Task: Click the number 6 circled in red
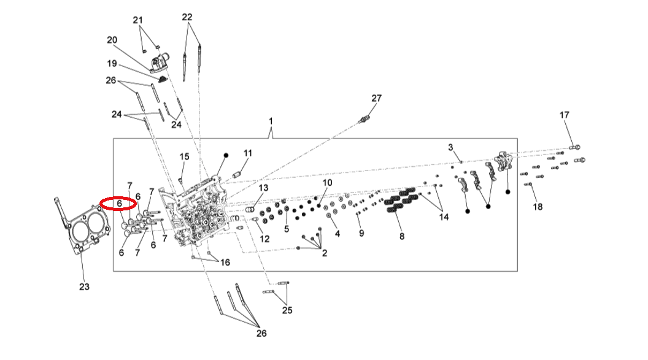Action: click(120, 202)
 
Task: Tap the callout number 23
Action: click(84, 286)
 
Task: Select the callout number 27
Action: click(376, 98)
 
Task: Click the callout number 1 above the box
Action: click(271, 122)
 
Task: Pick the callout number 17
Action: click(564, 115)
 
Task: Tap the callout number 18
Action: click(538, 207)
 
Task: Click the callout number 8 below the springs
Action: click(402, 236)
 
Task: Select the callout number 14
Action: click(444, 217)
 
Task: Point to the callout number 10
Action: click(327, 183)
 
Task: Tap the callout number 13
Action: click(263, 188)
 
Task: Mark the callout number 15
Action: click(185, 157)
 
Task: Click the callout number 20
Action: click(112, 40)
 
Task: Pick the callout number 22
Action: click(187, 17)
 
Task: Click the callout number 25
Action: click(287, 310)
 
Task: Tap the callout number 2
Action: click(324, 252)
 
